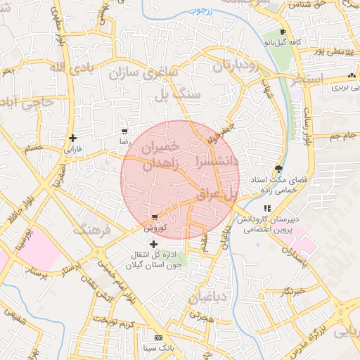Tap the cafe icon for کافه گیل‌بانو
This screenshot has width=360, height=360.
pos(283,33)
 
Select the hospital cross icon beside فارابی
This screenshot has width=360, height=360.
pos(72,138)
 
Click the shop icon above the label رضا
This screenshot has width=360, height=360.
pos(124,131)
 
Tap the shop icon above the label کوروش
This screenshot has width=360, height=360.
pos(155,217)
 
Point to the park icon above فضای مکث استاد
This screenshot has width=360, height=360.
pos(279,169)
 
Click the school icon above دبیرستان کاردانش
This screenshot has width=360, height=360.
pos(267,209)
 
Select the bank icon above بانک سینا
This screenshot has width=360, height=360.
pos(157,337)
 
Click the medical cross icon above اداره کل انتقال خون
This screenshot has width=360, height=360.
pos(154,244)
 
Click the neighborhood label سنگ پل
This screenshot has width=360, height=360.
pos(181,94)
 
